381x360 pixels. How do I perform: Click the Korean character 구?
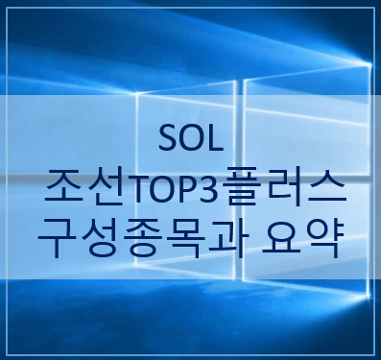57,233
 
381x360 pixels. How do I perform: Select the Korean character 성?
98,233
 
